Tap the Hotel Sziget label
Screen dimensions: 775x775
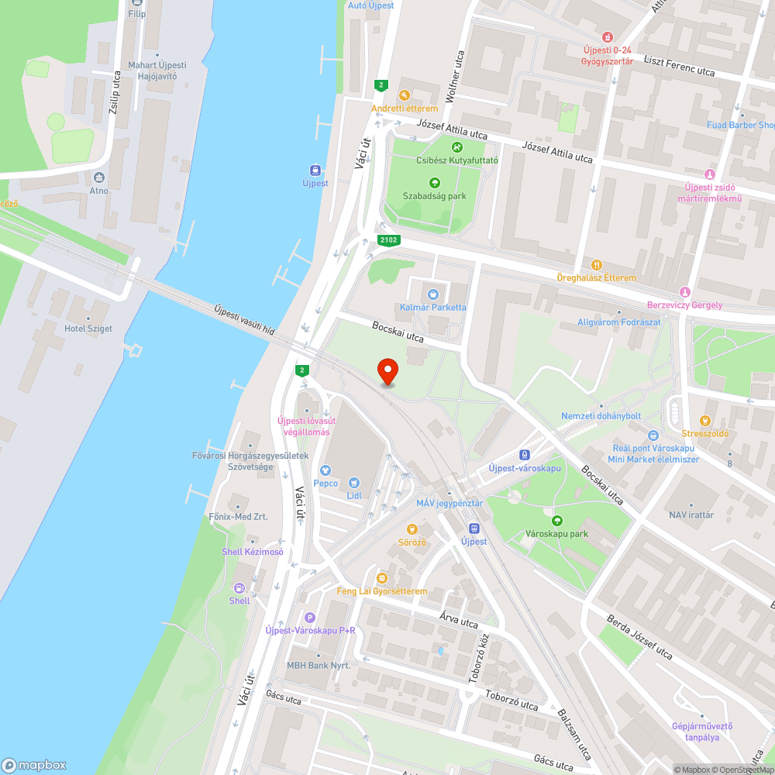[x=88, y=329]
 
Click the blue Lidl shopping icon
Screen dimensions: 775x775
[x=354, y=482]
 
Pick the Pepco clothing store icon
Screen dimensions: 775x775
[x=325, y=469]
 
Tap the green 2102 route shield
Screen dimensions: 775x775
[x=388, y=240]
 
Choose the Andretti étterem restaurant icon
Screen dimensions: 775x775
[x=404, y=95]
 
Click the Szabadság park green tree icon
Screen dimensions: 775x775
[x=434, y=183]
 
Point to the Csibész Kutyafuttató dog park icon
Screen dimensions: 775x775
[x=456, y=147]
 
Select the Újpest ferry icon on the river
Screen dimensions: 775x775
[x=315, y=170]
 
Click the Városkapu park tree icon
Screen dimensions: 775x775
[x=556, y=520]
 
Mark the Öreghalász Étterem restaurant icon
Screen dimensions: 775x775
[x=596, y=264]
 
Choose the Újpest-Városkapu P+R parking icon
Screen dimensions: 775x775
[x=310, y=617]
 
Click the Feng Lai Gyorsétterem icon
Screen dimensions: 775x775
[x=381, y=578]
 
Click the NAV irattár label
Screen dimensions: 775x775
[x=691, y=515]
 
